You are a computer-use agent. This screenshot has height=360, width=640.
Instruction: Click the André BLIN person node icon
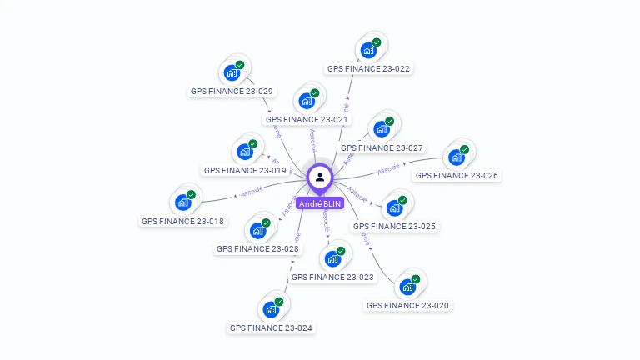320,177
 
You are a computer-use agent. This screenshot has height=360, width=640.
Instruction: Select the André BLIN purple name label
320,203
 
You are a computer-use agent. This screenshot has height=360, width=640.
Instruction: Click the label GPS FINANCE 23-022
368,69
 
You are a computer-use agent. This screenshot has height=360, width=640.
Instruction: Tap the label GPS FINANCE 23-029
232,92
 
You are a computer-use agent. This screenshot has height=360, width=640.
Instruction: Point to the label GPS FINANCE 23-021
307,119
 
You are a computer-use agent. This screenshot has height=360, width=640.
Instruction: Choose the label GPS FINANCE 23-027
382,147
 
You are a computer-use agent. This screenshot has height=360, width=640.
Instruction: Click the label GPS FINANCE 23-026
457,176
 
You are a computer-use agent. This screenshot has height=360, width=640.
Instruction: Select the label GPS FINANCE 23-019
245,170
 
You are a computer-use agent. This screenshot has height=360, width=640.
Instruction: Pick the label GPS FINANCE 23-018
182,222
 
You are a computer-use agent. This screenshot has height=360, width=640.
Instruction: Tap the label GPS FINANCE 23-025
394,226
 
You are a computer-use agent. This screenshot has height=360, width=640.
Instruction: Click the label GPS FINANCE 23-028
257,248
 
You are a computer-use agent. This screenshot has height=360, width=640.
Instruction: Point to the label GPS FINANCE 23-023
332,277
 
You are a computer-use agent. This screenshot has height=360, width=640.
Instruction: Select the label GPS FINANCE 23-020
407,306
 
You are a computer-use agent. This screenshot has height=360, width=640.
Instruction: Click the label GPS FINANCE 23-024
271,328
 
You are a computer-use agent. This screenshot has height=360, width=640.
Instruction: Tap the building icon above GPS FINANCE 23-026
456,157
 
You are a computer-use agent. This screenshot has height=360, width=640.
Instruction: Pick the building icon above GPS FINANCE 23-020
407,287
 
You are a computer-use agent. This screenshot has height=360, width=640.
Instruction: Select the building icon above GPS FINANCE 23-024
270,309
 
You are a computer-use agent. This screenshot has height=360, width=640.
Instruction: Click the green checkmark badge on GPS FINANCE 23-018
191,194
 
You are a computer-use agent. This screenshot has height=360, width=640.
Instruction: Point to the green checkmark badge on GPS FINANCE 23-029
240,64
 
